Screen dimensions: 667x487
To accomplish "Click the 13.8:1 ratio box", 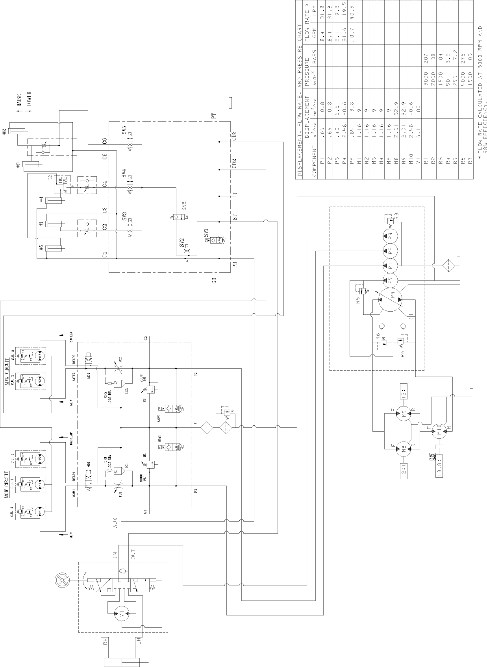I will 439,466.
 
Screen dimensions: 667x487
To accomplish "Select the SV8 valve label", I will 184,205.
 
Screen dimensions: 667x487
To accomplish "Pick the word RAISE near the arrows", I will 19,100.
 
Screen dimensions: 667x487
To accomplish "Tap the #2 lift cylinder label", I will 4,131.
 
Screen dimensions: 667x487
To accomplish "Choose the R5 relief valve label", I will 358,301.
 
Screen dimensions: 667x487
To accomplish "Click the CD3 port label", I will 234,136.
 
